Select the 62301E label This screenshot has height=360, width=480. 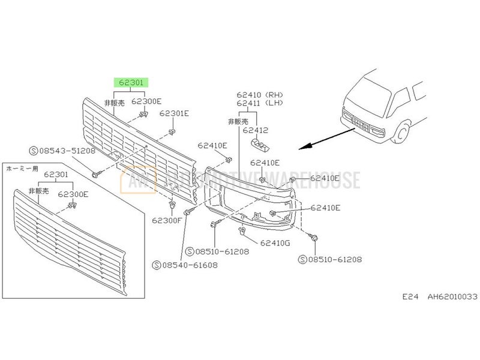[174, 113]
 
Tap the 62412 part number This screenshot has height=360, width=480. [256, 130]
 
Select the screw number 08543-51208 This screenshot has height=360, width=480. [65, 151]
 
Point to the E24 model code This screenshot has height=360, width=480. [410, 296]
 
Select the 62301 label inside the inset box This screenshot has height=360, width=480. [55, 175]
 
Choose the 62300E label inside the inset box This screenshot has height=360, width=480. [73, 194]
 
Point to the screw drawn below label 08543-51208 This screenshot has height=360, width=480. [96, 173]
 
